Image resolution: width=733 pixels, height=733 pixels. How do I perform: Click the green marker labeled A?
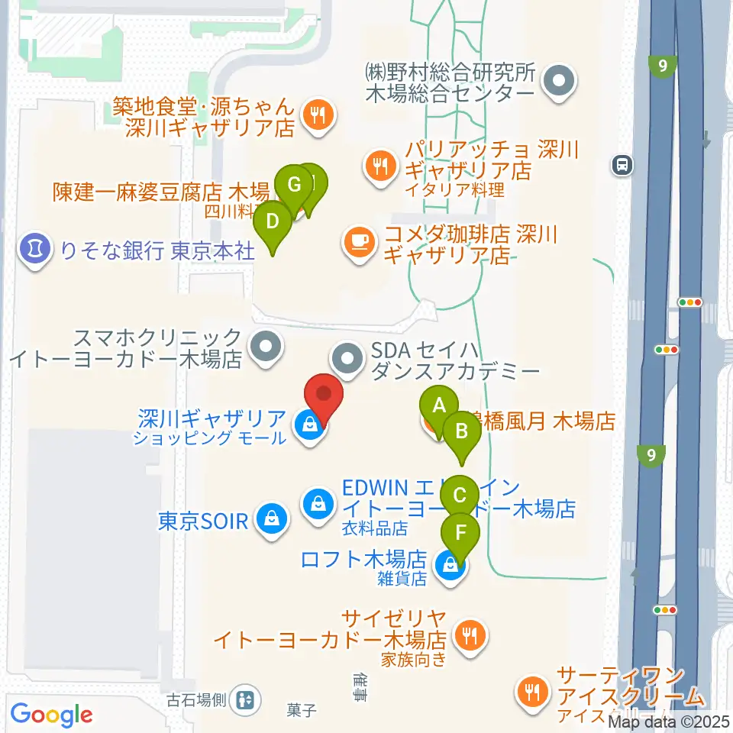pyautogui.click(x=438, y=405)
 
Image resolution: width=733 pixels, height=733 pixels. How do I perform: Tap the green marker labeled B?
pyautogui.click(x=461, y=431)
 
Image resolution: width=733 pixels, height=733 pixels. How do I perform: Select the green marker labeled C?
pyautogui.click(x=460, y=495)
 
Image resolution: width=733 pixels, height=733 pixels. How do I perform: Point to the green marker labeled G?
pyautogui.click(x=292, y=185)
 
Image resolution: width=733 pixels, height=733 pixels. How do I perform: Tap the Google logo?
pyautogui.click(x=51, y=715)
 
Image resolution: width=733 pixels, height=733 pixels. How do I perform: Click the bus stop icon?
pyautogui.click(x=622, y=163)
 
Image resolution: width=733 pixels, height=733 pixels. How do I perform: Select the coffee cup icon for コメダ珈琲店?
pyautogui.click(x=358, y=242)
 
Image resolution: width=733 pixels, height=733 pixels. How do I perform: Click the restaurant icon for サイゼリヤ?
pyautogui.click(x=467, y=634)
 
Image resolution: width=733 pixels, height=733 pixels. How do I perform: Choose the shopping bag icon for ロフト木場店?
pyautogui.click(x=450, y=566)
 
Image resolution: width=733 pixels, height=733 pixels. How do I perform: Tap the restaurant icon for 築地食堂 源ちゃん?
pyautogui.click(x=315, y=115)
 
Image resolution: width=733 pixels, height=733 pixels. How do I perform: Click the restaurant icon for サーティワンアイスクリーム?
pyautogui.click(x=531, y=692)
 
